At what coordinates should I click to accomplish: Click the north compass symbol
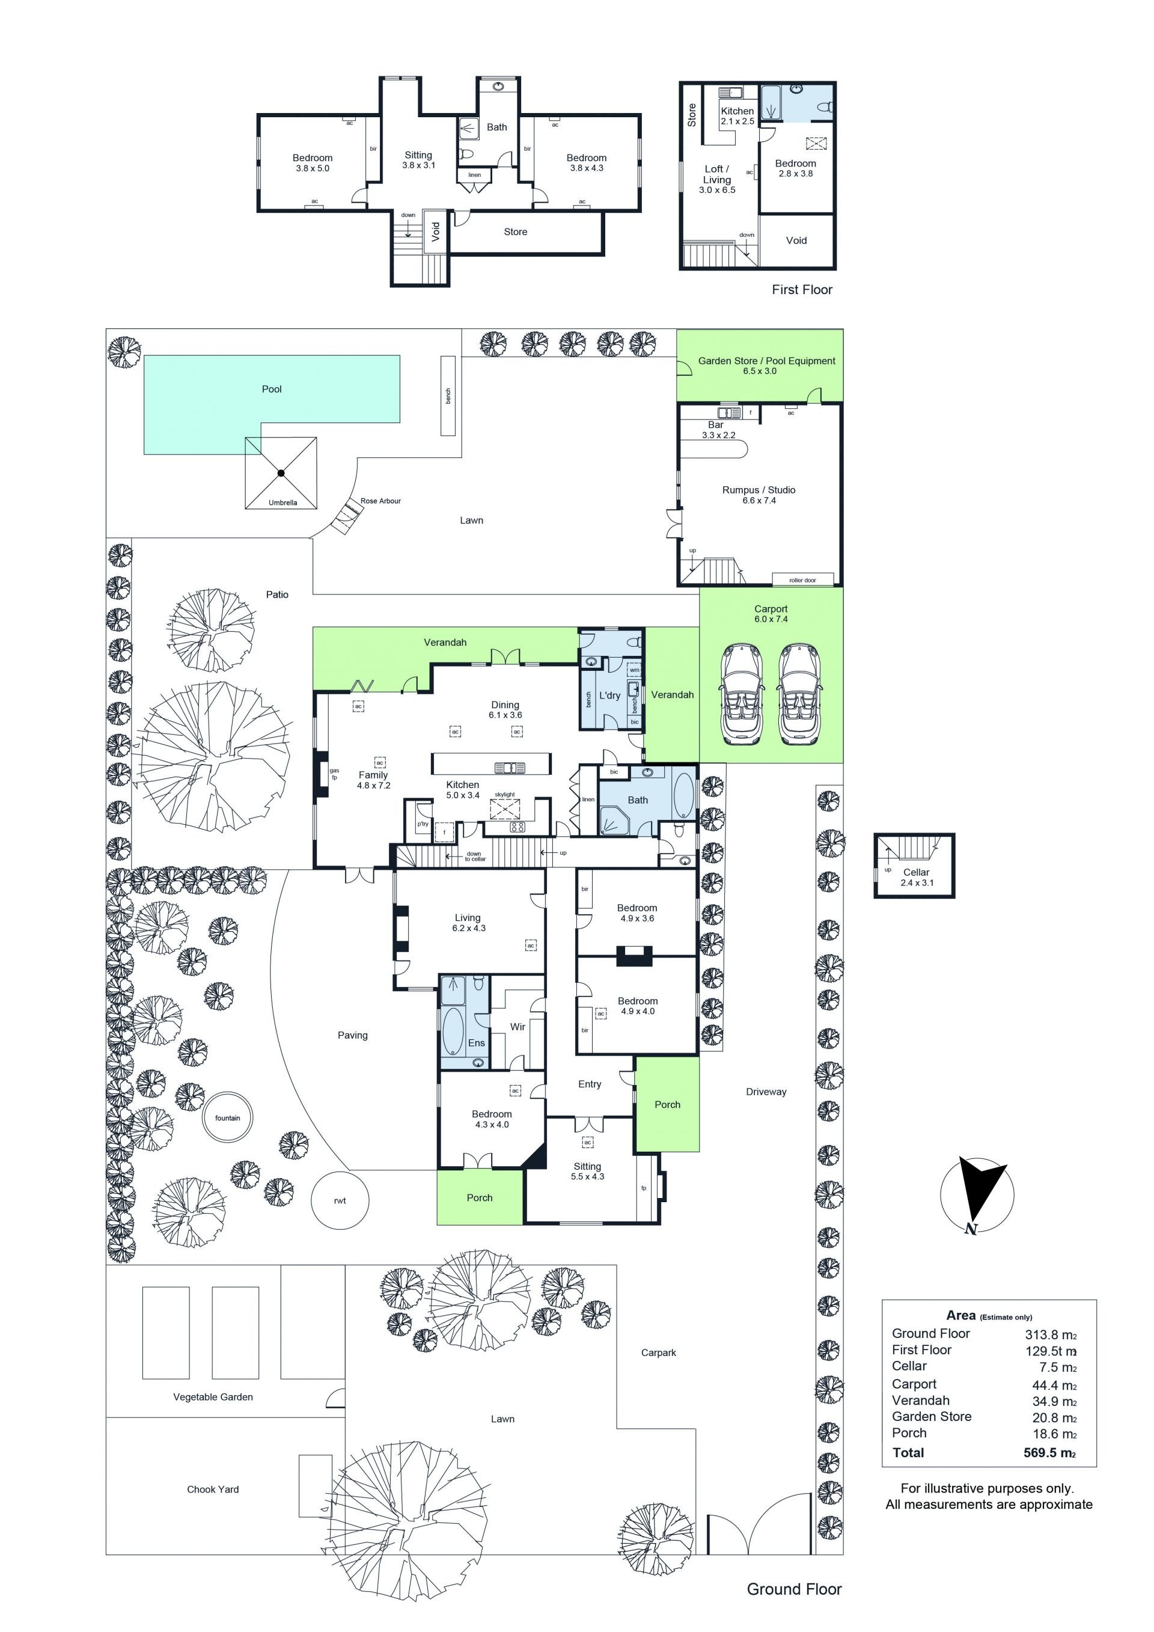click(977, 1195)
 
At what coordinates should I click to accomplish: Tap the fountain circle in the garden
click(227, 1118)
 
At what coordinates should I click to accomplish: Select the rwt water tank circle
click(340, 1200)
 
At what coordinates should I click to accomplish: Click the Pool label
click(272, 389)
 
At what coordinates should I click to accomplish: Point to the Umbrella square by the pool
click(281, 472)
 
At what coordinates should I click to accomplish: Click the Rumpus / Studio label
click(759, 490)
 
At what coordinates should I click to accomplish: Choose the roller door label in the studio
click(802, 580)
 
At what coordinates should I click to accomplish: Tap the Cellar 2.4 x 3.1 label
click(917, 877)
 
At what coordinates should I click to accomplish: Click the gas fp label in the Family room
click(334, 774)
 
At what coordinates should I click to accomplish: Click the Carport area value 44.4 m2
click(1054, 1386)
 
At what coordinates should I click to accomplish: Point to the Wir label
click(518, 1027)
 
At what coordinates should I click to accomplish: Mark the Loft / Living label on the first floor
click(717, 174)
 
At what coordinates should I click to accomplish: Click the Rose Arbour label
click(380, 501)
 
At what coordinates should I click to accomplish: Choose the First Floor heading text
click(802, 289)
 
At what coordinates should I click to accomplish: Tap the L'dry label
click(609, 695)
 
